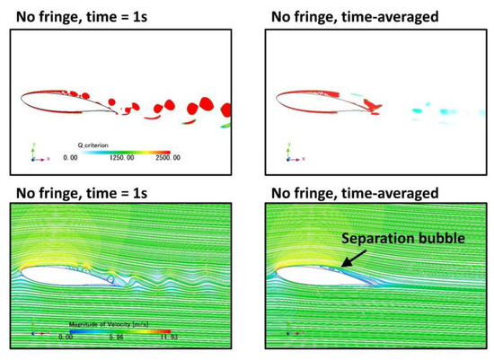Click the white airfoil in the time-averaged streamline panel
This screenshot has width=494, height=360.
pyautogui.click(x=314, y=278)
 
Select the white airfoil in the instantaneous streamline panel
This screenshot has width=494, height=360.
pyautogui.click(x=67, y=278)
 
